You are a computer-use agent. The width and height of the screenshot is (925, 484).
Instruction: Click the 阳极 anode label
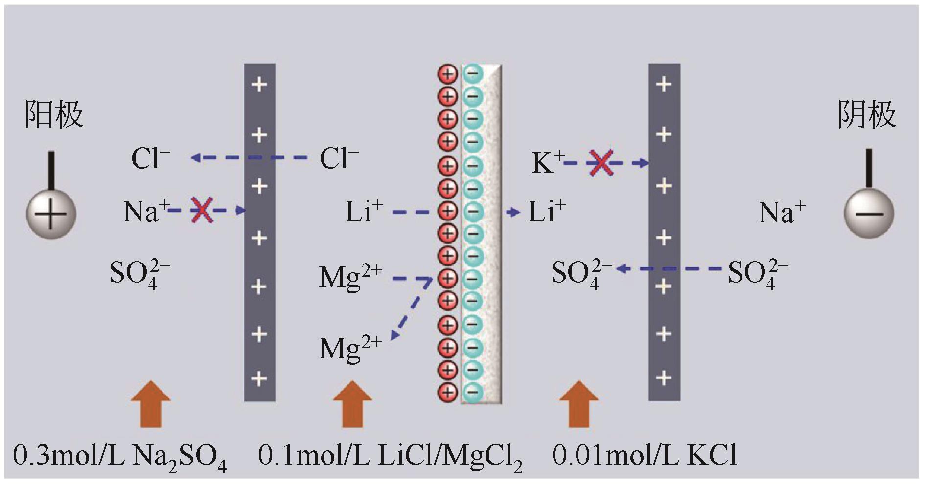54,115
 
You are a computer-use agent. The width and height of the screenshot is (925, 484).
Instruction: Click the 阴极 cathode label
866,115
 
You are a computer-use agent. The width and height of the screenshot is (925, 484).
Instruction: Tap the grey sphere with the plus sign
51,214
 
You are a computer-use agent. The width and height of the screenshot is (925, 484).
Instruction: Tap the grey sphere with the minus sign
869,214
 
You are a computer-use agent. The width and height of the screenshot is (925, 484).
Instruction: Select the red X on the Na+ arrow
201,210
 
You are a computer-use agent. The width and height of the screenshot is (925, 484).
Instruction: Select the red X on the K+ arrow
601,163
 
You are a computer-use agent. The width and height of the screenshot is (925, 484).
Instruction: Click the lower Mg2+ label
350,349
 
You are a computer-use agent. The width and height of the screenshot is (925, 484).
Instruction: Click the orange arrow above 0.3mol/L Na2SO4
151,404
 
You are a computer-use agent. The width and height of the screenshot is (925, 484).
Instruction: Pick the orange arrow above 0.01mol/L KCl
578,404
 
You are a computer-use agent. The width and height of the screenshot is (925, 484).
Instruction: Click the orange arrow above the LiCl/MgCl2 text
352,404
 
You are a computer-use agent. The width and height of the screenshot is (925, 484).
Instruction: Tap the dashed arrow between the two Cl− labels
250,158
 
